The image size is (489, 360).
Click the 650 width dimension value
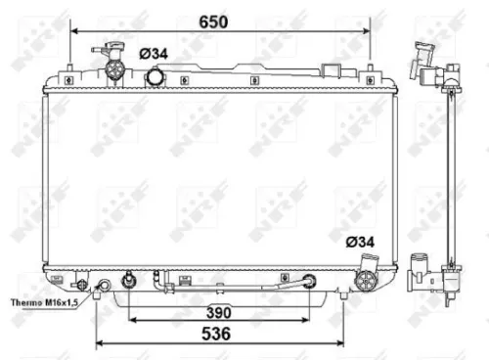(x=220, y=20)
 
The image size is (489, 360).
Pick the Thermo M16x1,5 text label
(x=45, y=303)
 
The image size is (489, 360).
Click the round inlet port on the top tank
(x=155, y=76)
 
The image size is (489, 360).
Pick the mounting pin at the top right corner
(x=370, y=69)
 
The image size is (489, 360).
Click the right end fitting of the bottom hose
(x=311, y=282)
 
